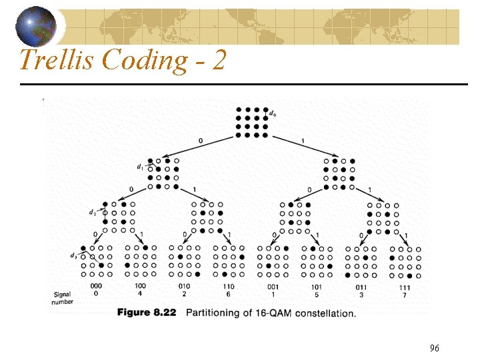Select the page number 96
click(x=434, y=348)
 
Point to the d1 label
click(x=139, y=167)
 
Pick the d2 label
click(x=92, y=212)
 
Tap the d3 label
click(x=73, y=255)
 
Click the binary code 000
click(x=95, y=286)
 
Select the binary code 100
click(x=140, y=286)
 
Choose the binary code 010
click(x=184, y=286)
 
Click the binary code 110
click(x=229, y=286)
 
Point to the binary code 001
click(x=273, y=287)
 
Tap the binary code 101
click(x=317, y=287)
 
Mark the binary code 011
click(x=361, y=287)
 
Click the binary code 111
click(x=405, y=287)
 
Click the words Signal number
click(x=62, y=297)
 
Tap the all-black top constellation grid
click(x=251, y=122)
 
